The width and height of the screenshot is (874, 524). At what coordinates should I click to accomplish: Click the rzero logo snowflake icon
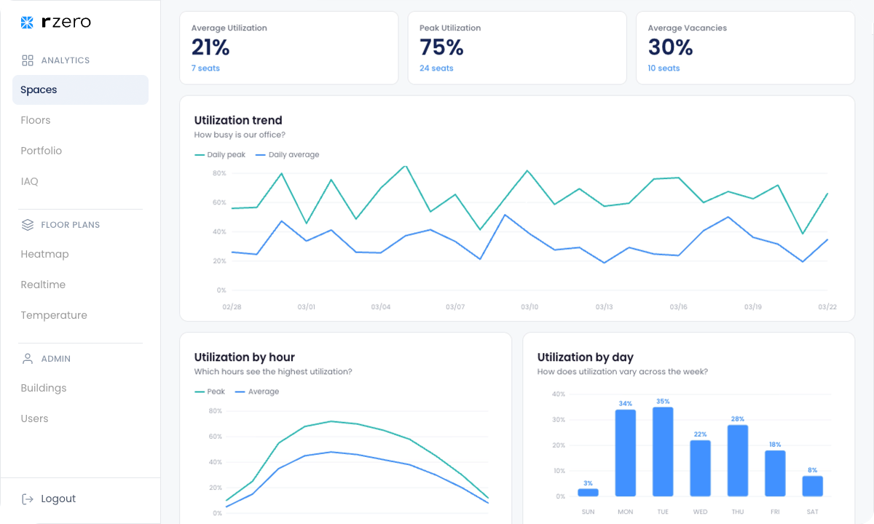pyautogui.click(x=27, y=23)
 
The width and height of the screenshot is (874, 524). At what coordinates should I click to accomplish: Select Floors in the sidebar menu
pyautogui.click(x=36, y=120)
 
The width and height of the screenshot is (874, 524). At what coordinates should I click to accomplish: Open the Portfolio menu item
pyautogui.click(x=42, y=151)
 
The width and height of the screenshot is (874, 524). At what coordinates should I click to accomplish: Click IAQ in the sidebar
pyautogui.click(x=29, y=181)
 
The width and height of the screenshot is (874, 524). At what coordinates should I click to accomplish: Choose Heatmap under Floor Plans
pyautogui.click(x=44, y=254)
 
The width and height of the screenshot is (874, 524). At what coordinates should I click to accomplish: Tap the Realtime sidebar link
pyautogui.click(x=43, y=285)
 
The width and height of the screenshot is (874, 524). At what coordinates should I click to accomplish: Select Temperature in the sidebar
pyautogui.click(x=54, y=315)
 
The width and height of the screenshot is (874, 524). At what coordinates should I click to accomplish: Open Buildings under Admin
pyautogui.click(x=43, y=388)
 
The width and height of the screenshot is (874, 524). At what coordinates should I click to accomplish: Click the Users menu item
pyautogui.click(x=34, y=418)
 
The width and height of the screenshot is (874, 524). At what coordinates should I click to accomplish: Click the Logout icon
pyautogui.click(x=28, y=499)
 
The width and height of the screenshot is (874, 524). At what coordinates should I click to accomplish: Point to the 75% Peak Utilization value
pyautogui.click(x=441, y=47)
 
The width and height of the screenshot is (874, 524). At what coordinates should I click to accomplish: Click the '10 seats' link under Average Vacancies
pyautogui.click(x=664, y=68)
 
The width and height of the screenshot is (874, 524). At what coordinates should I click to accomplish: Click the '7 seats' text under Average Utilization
pyautogui.click(x=205, y=68)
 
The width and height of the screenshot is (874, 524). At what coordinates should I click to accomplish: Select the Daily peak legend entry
pyautogui.click(x=220, y=155)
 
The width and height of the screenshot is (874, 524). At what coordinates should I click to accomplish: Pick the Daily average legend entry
pyautogui.click(x=287, y=155)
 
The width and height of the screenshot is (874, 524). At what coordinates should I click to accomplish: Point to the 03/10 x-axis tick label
pyautogui.click(x=529, y=307)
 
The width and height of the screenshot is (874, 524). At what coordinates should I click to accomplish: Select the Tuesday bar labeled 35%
pyautogui.click(x=663, y=452)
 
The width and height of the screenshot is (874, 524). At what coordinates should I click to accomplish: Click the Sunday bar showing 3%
pyautogui.click(x=588, y=493)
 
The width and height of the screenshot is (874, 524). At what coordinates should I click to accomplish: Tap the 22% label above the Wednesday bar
pyautogui.click(x=701, y=434)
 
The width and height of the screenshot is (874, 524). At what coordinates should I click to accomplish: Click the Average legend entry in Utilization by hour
pyautogui.click(x=256, y=392)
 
